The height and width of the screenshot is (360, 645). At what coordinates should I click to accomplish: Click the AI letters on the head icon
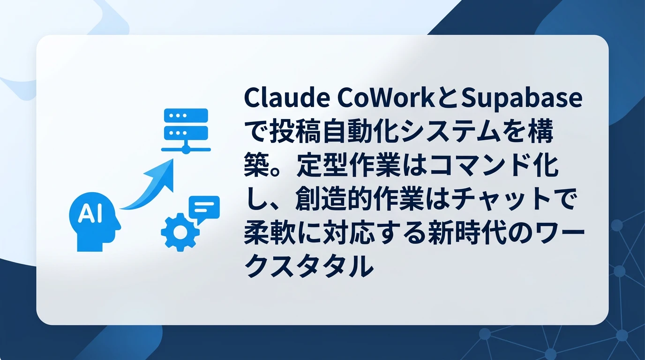tap(87, 214)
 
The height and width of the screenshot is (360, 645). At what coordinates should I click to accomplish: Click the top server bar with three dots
tap(186, 116)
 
